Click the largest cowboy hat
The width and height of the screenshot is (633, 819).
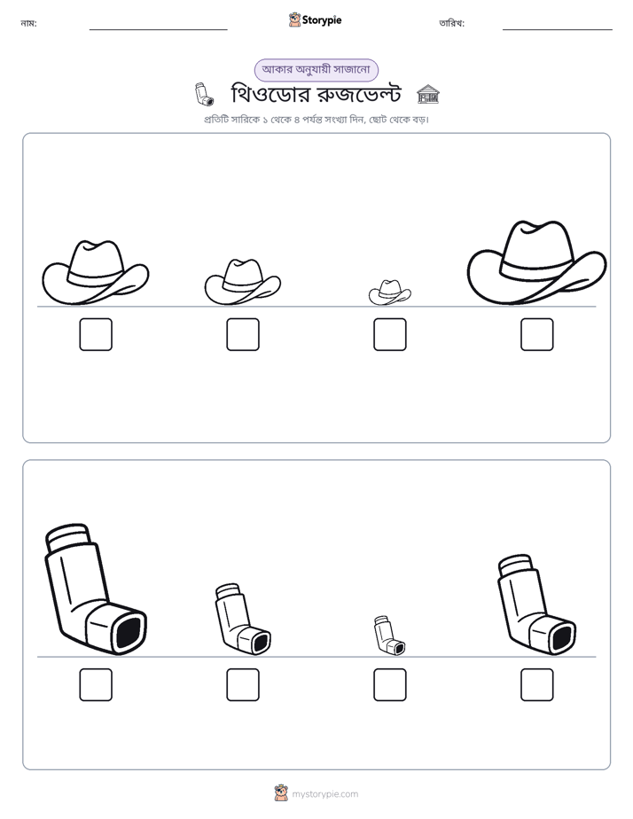point(536,262)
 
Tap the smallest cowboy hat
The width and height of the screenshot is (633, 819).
point(389,292)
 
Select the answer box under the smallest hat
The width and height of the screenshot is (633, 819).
point(389,334)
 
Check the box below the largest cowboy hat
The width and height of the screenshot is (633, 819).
point(537,334)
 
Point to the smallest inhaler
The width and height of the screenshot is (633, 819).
point(387,637)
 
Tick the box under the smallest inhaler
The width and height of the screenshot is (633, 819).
point(389,685)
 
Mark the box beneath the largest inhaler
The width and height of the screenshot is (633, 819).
point(96,685)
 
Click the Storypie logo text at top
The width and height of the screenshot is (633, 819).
point(322,20)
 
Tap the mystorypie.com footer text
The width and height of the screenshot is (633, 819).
point(324,794)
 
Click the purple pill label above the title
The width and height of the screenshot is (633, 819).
point(316,70)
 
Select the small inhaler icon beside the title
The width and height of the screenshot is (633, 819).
point(203,94)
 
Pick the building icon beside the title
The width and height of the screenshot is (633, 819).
point(427,94)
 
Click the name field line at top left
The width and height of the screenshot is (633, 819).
point(158,30)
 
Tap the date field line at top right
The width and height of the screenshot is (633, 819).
point(558,30)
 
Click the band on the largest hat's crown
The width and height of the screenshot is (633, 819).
point(537,269)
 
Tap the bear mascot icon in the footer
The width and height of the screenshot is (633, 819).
point(281,793)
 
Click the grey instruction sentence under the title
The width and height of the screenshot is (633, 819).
point(316,120)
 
